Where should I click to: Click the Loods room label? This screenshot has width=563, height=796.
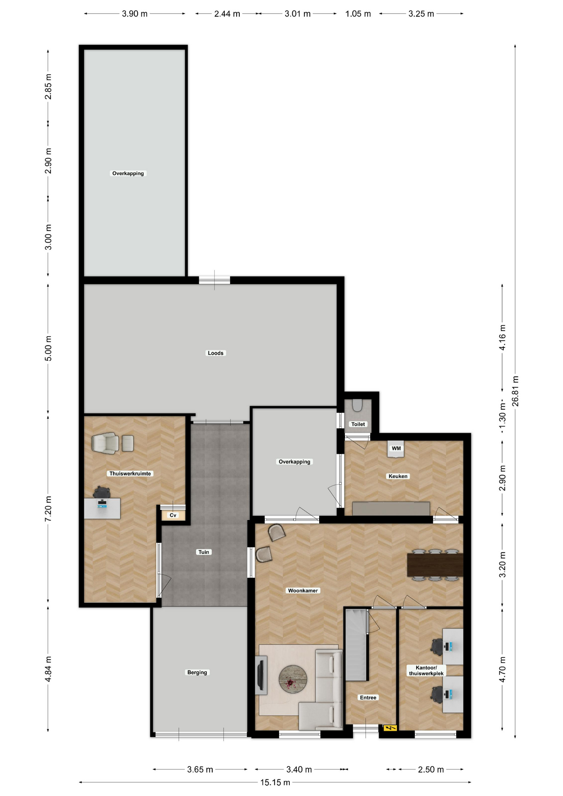coord(215,353)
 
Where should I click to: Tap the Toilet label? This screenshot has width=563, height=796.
coord(358,424)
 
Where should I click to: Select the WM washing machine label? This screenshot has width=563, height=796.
coord(396,448)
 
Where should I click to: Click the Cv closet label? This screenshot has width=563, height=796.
coord(173,515)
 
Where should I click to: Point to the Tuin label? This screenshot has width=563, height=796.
coord(204,552)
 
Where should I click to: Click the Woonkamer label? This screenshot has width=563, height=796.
coord(303,590)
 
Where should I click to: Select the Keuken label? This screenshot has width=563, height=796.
coord(398,476)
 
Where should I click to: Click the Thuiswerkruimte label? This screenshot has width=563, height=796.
coord(130,473)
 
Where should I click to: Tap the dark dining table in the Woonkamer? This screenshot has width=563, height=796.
coord(435,565)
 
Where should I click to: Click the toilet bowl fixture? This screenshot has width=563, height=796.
coord(357,405)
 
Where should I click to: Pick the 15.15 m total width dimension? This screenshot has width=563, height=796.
coord(275,782)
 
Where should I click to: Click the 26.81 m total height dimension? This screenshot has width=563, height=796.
coord(515,391)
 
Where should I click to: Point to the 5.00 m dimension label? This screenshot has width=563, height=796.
coord(48,348)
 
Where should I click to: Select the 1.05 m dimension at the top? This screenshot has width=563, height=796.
coord(358,14)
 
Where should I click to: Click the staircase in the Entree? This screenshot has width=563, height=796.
coord(357,645)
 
